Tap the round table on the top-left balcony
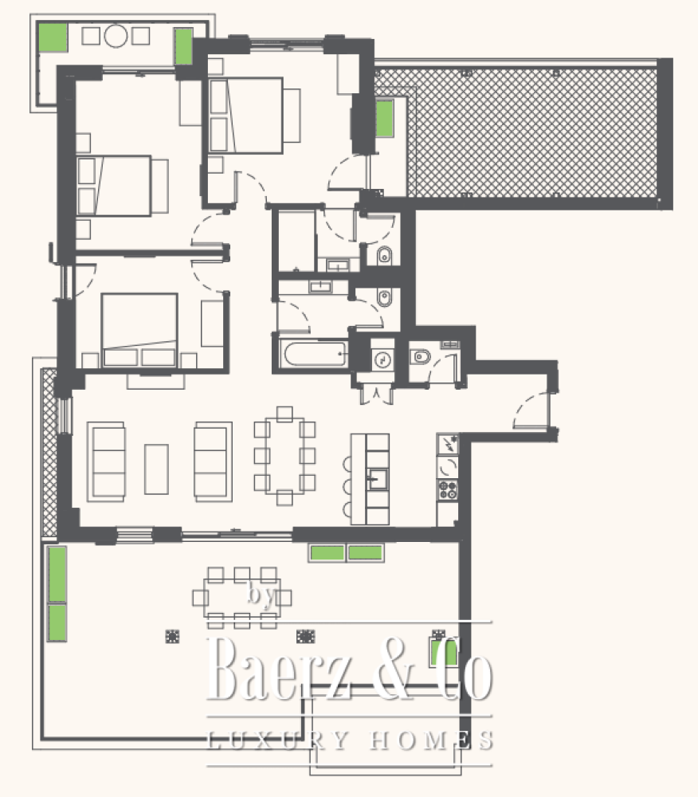coord(116,36)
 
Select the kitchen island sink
coord(378,478)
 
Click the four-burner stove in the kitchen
coord(448,490)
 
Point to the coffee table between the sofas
coord(156,469)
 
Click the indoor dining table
coord(284,455)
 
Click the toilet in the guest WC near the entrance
coord(420,357)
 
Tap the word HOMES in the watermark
coord(431,740)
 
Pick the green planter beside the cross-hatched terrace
coord(385,119)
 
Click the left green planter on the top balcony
coord(53,37)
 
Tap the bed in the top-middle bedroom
coord(246,116)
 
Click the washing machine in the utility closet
coord(382,360)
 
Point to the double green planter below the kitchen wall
coord(347,552)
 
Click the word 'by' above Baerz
coord(261,595)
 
